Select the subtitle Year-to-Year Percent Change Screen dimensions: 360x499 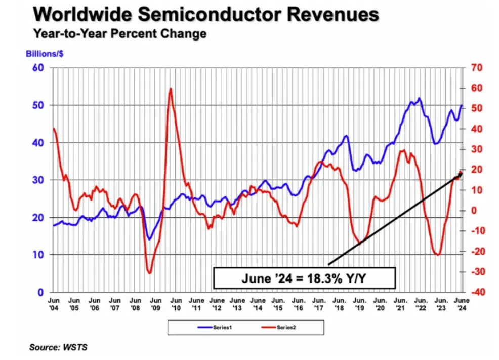pyautogui.click(x=119, y=34)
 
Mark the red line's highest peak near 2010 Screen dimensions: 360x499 pyautogui.click(x=171, y=89)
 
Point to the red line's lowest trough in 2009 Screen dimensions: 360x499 pyautogui.click(x=149, y=273)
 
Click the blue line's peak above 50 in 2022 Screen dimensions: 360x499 pyautogui.click(x=419, y=98)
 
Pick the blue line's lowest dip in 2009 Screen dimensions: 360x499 pyautogui.click(x=149, y=239)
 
